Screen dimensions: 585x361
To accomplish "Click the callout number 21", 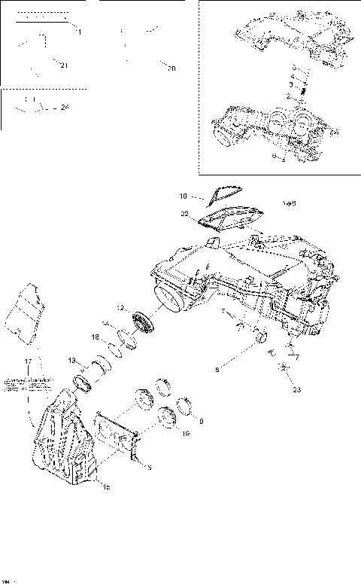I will [64, 66].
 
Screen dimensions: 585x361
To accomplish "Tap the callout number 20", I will [171, 69].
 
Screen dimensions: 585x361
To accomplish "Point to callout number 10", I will [183, 196].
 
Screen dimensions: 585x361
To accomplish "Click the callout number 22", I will [183, 213].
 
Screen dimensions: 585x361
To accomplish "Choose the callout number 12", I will [120, 309].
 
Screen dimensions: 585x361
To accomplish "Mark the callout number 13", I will [72, 361].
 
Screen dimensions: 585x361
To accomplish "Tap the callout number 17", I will [28, 361].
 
